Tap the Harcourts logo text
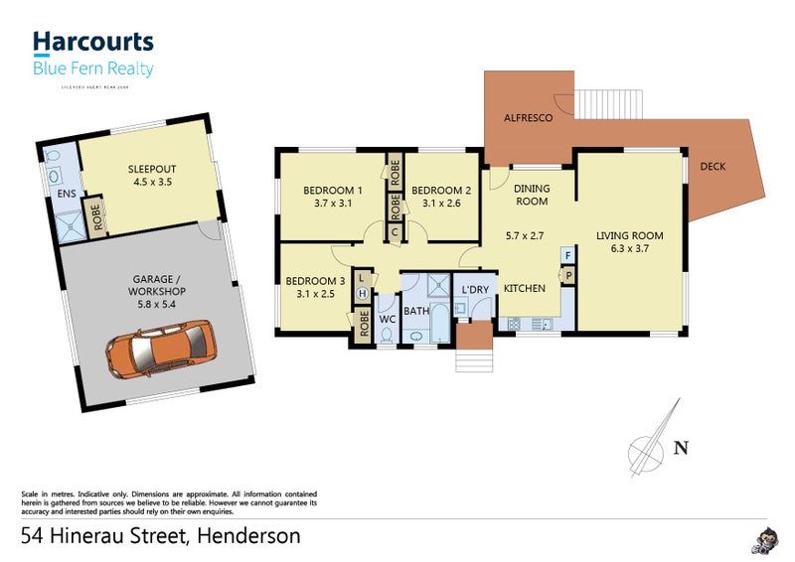click(93, 42)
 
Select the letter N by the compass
click(681, 448)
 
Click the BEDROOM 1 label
click(333, 191)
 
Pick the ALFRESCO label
click(529, 115)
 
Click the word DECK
click(713, 167)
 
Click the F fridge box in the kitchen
click(567, 256)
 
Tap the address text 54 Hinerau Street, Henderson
click(161, 537)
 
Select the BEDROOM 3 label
click(315, 281)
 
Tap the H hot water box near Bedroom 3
click(363, 294)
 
